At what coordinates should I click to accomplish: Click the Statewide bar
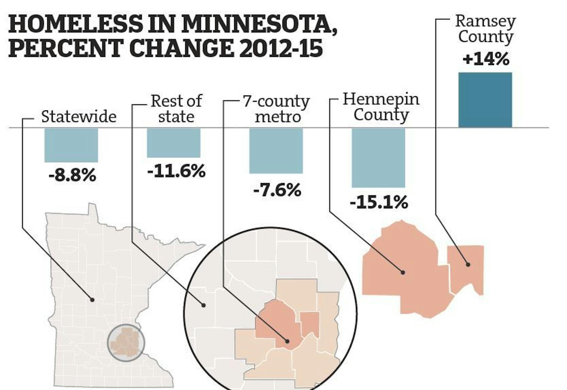[x=71, y=145]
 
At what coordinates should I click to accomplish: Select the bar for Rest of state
[x=174, y=143]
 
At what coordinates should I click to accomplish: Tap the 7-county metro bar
[x=276, y=151]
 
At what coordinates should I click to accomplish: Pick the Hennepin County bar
[x=378, y=158]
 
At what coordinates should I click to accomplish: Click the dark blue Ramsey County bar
[x=485, y=100]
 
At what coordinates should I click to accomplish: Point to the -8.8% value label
[x=72, y=175]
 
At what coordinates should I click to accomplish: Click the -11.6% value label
[x=176, y=172]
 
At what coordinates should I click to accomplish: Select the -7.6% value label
[x=277, y=190]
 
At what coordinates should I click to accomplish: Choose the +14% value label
[x=486, y=59]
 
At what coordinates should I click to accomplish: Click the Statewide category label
[x=79, y=116]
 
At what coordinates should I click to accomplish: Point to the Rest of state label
[x=176, y=109]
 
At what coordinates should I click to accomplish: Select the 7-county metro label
[x=276, y=109]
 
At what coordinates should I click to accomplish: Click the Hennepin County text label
[x=381, y=107]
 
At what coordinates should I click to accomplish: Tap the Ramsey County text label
[x=486, y=29]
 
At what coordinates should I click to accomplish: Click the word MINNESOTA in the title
[x=259, y=24]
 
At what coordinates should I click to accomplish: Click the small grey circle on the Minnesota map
[x=126, y=343]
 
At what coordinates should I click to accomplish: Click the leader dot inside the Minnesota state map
[x=92, y=300]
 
